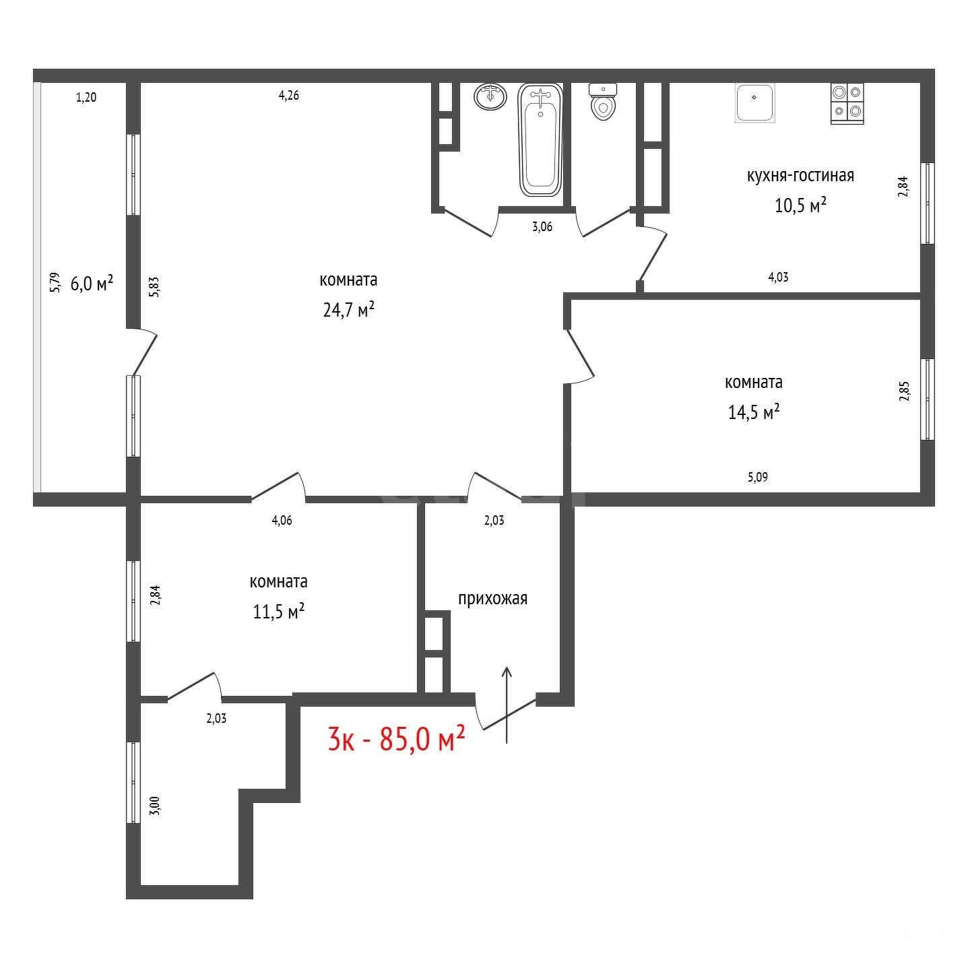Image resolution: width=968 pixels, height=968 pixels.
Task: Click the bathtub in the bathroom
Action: (x=540, y=140)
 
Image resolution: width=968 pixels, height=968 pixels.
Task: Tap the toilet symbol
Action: (x=602, y=102)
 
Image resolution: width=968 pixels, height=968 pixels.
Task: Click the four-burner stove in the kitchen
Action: (x=847, y=104)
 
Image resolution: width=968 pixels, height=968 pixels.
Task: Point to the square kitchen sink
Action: (x=755, y=102)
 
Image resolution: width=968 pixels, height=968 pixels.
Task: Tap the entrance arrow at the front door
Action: (x=507, y=704)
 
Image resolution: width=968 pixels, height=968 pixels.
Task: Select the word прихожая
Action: (x=492, y=600)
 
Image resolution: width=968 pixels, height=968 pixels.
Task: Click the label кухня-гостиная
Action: (x=801, y=176)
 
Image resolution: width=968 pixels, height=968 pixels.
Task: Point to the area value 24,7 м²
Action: (x=349, y=310)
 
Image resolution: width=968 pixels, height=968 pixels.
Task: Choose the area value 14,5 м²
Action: (x=754, y=412)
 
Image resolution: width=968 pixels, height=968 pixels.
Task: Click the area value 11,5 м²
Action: (x=279, y=612)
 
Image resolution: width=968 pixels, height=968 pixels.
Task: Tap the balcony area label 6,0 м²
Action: (x=92, y=284)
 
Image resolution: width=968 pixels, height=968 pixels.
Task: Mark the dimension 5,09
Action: (x=758, y=477)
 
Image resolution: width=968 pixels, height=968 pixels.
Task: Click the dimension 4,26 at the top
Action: (x=289, y=95)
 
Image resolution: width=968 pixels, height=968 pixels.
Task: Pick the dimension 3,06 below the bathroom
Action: (x=542, y=226)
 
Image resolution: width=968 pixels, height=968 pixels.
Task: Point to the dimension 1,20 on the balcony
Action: (x=86, y=97)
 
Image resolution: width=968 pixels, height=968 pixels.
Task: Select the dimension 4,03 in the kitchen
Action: (x=778, y=277)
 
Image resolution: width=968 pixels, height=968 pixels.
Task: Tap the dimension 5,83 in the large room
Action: (x=155, y=288)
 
